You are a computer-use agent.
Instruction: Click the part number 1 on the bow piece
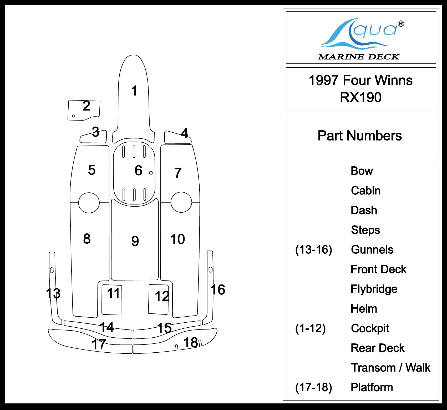click(x=134, y=91)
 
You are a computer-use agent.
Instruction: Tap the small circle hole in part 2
click(x=74, y=116)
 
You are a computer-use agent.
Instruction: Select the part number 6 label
click(x=138, y=170)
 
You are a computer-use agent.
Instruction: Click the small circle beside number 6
click(x=151, y=173)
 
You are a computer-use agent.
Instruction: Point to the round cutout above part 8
click(x=89, y=203)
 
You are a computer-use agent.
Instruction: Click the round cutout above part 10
click(x=181, y=202)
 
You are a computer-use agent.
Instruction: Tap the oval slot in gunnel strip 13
click(x=52, y=270)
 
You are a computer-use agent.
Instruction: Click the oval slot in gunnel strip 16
click(x=210, y=269)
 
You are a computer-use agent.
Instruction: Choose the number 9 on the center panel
click(x=135, y=241)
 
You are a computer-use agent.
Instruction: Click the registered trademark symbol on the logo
click(x=401, y=24)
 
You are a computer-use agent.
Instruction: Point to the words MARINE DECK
click(x=359, y=57)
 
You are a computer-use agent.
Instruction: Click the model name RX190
click(x=360, y=97)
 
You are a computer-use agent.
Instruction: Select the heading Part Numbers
click(x=360, y=136)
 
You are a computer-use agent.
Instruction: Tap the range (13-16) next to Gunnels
click(x=314, y=249)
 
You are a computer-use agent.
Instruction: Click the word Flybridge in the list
click(x=374, y=289)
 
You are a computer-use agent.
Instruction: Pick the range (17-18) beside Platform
click(x=314, y=387)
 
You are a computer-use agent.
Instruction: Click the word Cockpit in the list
click(x=370, y=328)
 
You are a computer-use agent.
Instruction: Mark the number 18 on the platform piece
click(x=190, y=342)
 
